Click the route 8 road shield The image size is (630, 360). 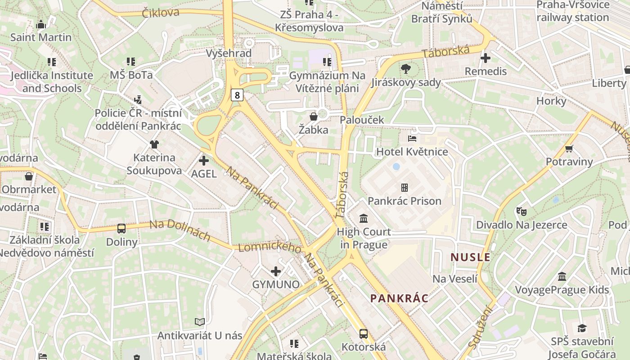pos(238,94)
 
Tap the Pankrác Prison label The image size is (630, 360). pos(404,201)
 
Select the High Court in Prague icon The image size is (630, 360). pos(364,219)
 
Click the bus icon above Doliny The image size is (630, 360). pos(121,228)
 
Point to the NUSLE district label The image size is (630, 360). pos(470,257)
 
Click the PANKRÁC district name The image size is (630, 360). pos(399,298)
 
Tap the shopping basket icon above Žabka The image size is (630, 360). pos(314,117)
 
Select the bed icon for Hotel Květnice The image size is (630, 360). pos(412,138)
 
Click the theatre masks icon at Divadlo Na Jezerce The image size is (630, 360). pos(521,211)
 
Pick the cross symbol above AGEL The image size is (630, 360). pos(204,160)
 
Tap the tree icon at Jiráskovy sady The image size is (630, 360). pos(405,69)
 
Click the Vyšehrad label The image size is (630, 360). pos(228,53)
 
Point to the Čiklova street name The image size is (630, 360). pos(161,12)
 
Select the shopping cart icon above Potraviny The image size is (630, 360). pos(569,148)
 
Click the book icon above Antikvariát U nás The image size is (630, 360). pos(200,322)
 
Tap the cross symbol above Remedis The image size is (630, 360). pos(486,58)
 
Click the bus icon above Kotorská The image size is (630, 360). pos(364,334)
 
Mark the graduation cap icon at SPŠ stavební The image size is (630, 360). pos(582,328)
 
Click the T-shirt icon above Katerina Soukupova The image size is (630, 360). pos(154,144)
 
